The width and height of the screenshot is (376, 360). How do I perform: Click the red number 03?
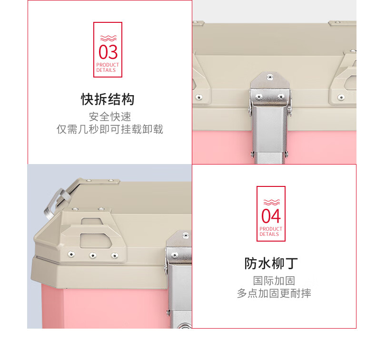[x=108, y=52]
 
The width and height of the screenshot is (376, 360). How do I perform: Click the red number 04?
[x=271, y=216]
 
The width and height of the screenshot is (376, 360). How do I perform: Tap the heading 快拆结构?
[x=108, y=99]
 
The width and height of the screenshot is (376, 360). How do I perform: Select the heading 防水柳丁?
[x=271, y=263]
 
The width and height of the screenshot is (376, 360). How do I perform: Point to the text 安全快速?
[x=110, y=117]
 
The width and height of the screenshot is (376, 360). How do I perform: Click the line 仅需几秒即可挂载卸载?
[x=110, y=129]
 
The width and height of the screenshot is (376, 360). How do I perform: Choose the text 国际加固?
[x=274, y=281]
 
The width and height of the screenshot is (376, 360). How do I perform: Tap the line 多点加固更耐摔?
[x=274, y=293]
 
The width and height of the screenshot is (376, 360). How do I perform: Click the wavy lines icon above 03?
[x=109, y=39]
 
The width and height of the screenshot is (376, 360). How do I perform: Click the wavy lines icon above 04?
[x=272, y=202]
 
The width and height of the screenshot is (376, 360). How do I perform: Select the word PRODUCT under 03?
[x=108, y=65]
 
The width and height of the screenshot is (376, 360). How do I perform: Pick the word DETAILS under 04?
[x=269, y=234]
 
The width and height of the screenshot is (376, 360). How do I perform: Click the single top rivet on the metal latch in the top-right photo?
[x=270, y=77]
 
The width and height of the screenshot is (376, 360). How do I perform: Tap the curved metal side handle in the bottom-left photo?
[x=56, y=203]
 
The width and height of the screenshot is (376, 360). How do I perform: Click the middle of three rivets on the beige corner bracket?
[x=93, y=255]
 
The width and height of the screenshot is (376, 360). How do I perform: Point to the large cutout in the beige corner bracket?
[x=96, y=241]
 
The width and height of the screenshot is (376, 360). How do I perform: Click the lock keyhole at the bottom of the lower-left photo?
[x=185, y=326]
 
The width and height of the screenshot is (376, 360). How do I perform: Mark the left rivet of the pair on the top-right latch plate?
[x=259, y=97]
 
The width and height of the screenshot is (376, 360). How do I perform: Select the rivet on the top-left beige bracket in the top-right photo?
[x=199, y=97]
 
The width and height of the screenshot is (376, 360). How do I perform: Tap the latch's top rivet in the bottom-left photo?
[x=186, y=236]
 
